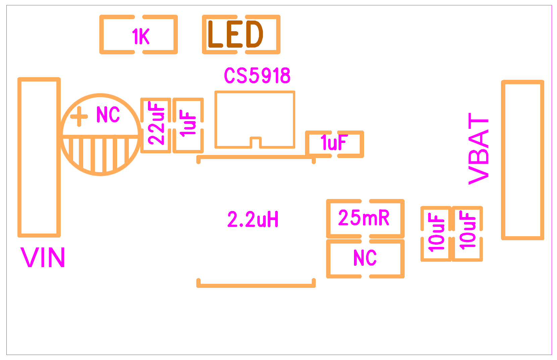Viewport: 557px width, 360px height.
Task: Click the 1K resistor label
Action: [x=141, y=37]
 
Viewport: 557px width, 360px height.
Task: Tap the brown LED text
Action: [x=235, y=34]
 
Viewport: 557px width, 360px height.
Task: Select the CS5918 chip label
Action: [x=257, y=75]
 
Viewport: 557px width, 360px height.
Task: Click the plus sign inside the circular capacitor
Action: [x=79, y=117]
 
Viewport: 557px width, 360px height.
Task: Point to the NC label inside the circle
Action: [x=108, y=115]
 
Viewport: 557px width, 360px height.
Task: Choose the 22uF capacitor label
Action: [x=156, y=123]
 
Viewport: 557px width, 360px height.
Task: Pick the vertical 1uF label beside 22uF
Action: [x=188, y=123]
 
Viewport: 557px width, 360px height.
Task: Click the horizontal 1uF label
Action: [x=334, y=143]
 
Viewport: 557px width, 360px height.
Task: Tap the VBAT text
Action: [x=478, y=148]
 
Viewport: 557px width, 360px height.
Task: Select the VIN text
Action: [x=43, y=258]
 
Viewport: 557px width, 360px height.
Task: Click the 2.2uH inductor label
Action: [x=253, y=220]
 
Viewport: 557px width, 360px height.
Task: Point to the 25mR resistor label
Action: [x=364, y=218]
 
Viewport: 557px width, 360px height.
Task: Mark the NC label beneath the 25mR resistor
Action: [x=365, y=258]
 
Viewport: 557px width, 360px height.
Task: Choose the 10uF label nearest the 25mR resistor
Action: [x=437, y=233]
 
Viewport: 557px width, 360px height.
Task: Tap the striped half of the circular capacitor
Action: [x=100, y=154]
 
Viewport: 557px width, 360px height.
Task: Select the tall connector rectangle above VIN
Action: [x=39, y=157]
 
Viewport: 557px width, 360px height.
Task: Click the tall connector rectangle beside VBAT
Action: [x=522, y=160]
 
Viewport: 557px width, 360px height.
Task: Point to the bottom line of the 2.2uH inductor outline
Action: [x=256, y=286]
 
